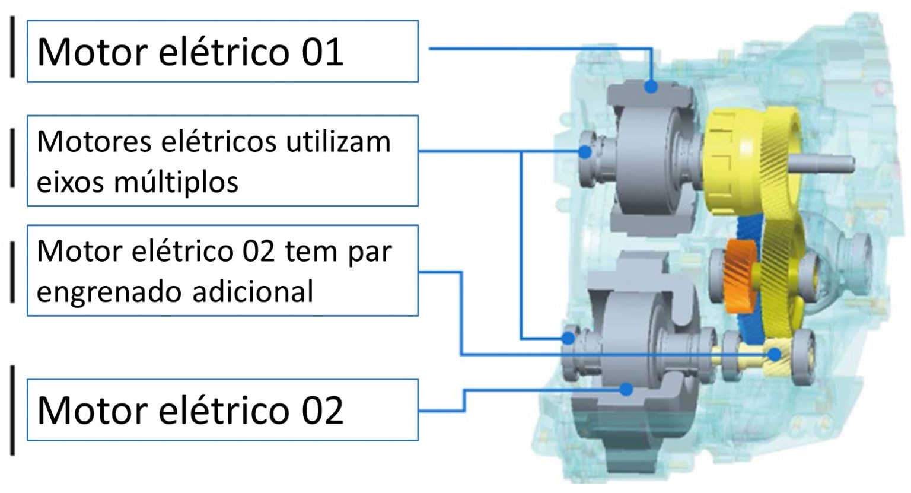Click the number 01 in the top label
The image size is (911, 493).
[322, 52]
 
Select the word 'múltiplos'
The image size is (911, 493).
[176, 182]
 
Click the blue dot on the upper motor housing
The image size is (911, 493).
[652, 87]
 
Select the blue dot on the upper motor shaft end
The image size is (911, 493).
[585, 152]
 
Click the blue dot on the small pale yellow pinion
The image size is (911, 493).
[775, 354]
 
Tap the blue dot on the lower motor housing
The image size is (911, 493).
[625, 389]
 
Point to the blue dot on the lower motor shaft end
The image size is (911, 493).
[568, 339]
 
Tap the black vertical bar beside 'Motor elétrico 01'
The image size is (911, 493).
[12, 46]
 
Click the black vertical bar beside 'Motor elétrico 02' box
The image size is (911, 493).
[12, 410]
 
